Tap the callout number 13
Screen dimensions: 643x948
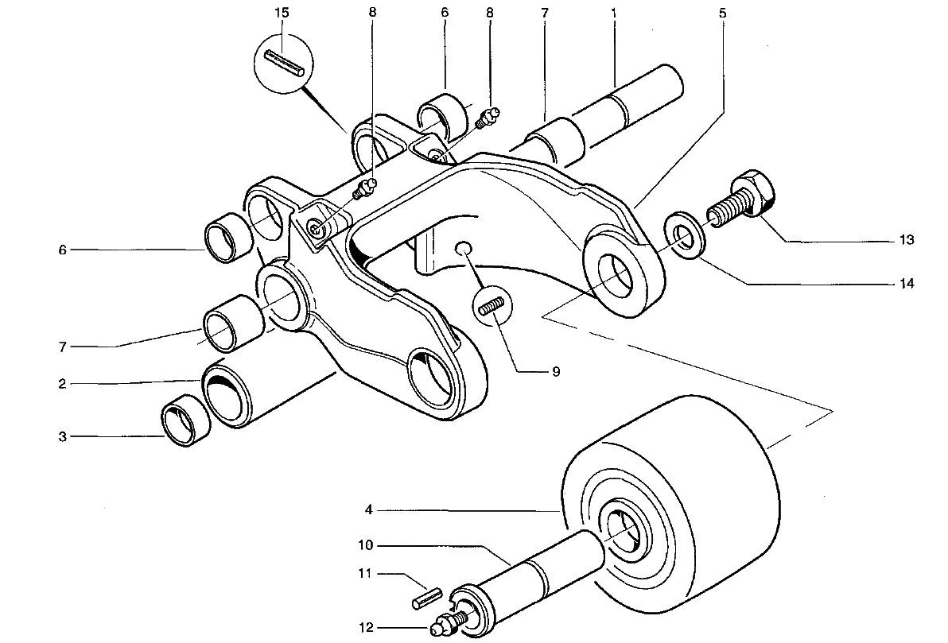(907, 239)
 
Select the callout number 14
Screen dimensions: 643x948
(907, 283)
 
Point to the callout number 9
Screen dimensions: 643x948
(556, 371)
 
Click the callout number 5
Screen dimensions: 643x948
(721, 14)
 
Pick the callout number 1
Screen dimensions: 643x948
(615, 14)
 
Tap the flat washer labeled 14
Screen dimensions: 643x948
(683, 236)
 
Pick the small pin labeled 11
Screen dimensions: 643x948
(426, 597)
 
